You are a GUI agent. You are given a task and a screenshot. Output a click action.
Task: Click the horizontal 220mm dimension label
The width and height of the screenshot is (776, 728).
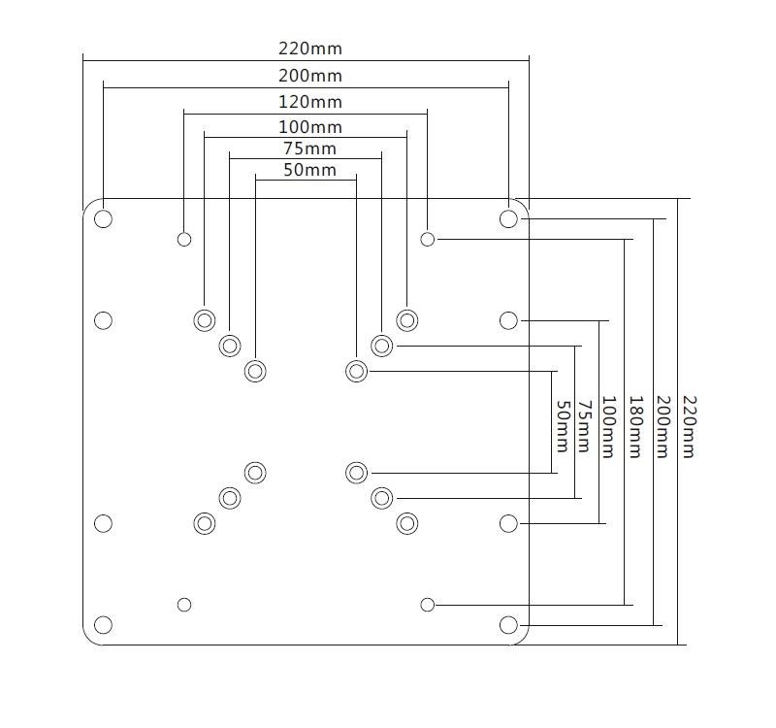pyautogui.click(x=310, y=49)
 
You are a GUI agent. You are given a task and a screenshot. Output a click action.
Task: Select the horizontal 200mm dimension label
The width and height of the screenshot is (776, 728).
pyautogui.click(x=310, y=76)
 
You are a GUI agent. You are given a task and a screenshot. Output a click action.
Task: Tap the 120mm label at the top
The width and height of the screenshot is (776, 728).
pyautogui.click(x=310, y=102)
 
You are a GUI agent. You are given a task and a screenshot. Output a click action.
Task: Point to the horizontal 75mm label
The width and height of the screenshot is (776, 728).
pyautogui.click(x=310, y=149)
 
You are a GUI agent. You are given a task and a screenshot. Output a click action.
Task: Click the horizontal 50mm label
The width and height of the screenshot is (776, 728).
pyautogui.click(x=310, y=171)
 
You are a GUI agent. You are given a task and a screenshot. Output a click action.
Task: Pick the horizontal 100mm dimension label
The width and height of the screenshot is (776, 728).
pyautogui.click(x=310, y=127)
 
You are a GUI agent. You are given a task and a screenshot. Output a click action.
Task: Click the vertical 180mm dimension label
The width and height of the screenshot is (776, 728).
pyautogui.click(x=635, y=426)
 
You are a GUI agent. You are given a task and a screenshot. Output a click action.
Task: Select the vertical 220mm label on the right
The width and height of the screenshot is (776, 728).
pyautogui.click(x=688, y=426)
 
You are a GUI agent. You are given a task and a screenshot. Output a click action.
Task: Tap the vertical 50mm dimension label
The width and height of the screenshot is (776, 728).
pyautogui.click(x=561, y=426)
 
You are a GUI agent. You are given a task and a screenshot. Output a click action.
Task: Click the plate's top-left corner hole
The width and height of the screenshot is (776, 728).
pyautogui.click(x=104, y=218)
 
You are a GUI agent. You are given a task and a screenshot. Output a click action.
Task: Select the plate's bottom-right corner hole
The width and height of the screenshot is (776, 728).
pyautogui.click(x=508, y=624)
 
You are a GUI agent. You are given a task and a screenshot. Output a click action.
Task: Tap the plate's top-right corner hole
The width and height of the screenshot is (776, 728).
pyautogui.click(x=508, y=218)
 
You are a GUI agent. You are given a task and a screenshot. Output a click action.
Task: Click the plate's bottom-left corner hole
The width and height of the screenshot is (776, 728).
pyautogui.click(x=104, y=624)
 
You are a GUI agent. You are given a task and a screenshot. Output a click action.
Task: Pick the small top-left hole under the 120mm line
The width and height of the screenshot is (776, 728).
pyautogui.click(x=184, y=239)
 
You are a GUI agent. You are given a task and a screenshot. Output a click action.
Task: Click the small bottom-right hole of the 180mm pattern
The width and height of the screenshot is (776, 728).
pyautogui.click(x=428, y=605)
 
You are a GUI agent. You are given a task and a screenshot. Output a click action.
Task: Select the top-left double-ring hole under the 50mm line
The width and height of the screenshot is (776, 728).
pyautogui.click(x=255, y=371)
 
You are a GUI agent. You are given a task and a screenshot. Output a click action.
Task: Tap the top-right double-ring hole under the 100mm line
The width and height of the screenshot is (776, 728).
pyautogui.click(x=407, y=320)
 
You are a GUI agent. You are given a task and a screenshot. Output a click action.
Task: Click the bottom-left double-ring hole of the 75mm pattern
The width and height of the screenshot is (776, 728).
pyautogui.click(x=230, y=498)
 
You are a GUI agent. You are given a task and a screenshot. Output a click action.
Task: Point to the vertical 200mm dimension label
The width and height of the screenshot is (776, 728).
pyautogui.click(x=663, y=426)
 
